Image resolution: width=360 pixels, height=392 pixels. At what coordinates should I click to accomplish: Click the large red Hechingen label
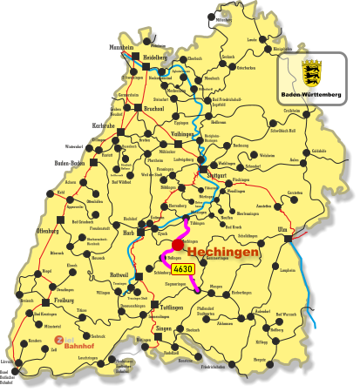pyautogui.click(x=221, y=252)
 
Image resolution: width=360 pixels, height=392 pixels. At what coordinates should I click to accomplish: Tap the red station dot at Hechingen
pyautogui.click(x=179, y=246)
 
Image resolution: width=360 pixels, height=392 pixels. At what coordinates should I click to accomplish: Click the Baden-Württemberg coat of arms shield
pyautogui.click(x=311, y=72)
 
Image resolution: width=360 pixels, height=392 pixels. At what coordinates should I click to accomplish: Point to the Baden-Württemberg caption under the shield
pyautogui.click(x=311, y=93)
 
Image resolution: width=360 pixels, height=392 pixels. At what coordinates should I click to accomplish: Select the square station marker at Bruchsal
pyautogui.click(x=138, y=108)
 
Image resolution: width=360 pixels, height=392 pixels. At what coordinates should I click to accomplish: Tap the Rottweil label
pyautogui.click(x=119, y=275)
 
